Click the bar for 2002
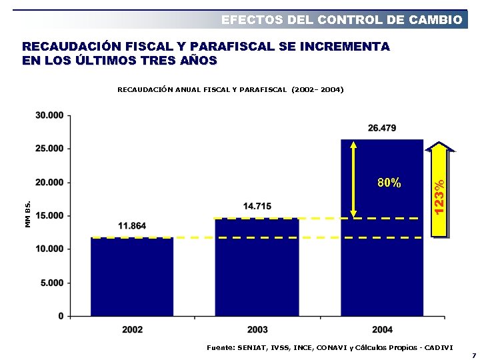pos(132,276)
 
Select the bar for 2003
pos(257,267)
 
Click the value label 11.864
pos(132,226)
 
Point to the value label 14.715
pos(257,207)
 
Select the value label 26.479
pos(382,128)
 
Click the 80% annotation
pos(389,183)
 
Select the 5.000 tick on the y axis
pos(52,283)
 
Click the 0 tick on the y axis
pos(61,316)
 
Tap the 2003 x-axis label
pos(257,330)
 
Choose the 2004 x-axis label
pos(382,330)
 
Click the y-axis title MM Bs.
pos(28,214)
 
